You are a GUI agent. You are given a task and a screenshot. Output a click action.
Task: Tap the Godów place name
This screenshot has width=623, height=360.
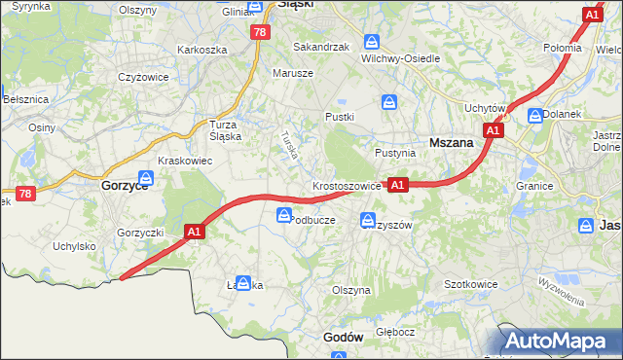pos(343,337)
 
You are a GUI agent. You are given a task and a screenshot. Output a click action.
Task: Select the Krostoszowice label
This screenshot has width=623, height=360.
pos(347,185)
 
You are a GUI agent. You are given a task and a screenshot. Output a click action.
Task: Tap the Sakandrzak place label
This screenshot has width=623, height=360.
pos(320,46)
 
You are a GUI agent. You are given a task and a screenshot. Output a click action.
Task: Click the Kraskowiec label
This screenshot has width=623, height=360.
pos(186,161)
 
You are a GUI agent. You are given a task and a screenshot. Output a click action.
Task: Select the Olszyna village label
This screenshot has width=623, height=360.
pos(351,290)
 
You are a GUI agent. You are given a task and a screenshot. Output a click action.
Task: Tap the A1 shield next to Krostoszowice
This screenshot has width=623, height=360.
pos(397,183)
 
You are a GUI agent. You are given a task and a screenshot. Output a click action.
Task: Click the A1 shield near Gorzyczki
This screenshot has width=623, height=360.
pos(194,232)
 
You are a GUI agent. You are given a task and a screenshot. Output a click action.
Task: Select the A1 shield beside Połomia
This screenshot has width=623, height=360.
pos(592,16)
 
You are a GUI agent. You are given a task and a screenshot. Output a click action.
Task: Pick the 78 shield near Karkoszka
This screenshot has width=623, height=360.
pos(259,32)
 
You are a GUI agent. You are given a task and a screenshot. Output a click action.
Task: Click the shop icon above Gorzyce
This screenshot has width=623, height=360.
pos(146,177)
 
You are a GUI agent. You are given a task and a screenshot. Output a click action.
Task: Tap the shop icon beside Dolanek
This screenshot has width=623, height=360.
pos(534,115)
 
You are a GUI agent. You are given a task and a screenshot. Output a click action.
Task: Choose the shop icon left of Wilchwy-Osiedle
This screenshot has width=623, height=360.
pos(371,42)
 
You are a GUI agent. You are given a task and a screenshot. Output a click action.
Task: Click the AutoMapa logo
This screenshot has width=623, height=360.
pos(560,342)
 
